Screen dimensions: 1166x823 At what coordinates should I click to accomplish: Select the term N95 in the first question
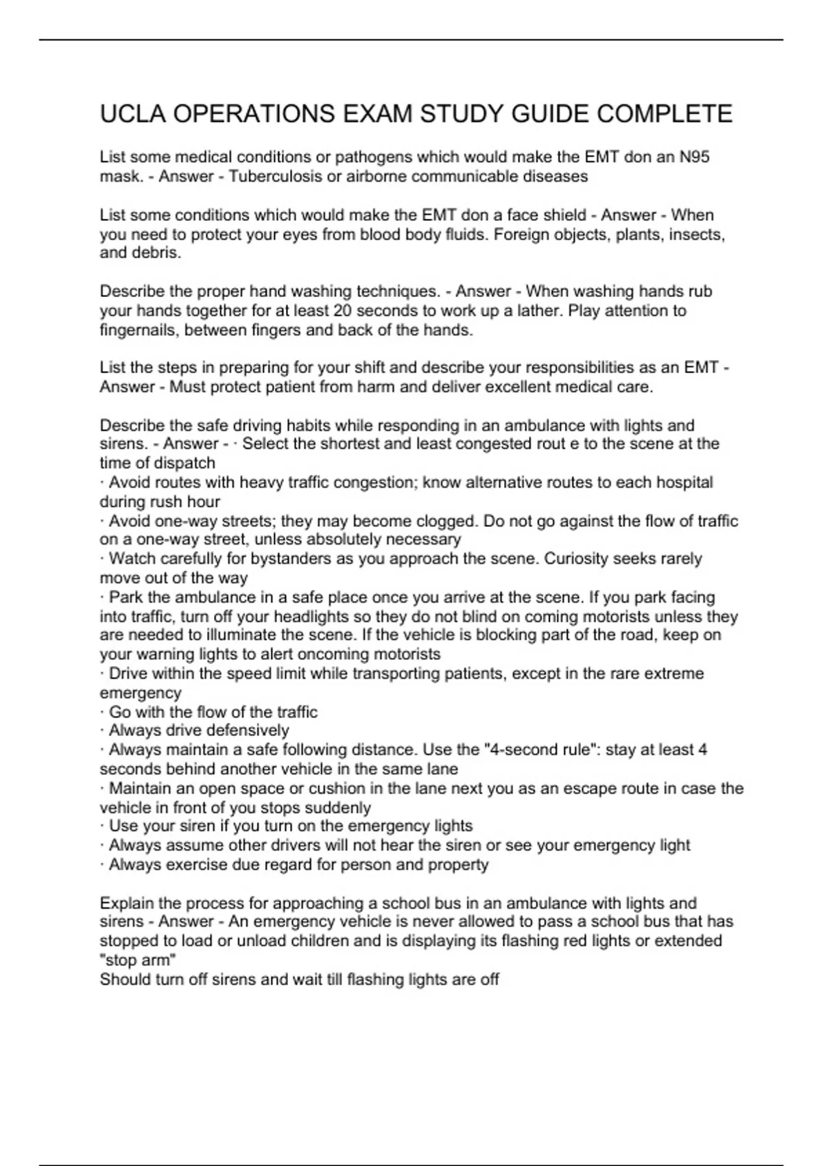694,157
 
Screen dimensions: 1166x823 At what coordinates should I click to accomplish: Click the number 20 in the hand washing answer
342,311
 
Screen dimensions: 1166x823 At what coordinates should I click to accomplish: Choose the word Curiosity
575,559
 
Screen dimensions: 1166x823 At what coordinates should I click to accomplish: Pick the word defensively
248,730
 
